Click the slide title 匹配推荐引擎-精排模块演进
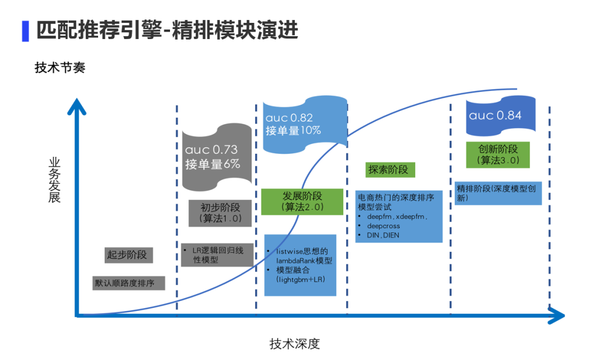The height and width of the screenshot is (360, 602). click(167, 30)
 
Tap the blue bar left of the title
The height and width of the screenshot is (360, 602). click(25, 31)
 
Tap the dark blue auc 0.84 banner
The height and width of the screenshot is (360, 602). click(501, 116)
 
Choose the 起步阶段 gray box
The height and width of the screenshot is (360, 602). click(127, 255)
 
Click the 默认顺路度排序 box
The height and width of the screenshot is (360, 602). click(129, 283)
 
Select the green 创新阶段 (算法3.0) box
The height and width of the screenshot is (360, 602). click(498, 154)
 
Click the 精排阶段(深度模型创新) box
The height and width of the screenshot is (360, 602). click(498, 193)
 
